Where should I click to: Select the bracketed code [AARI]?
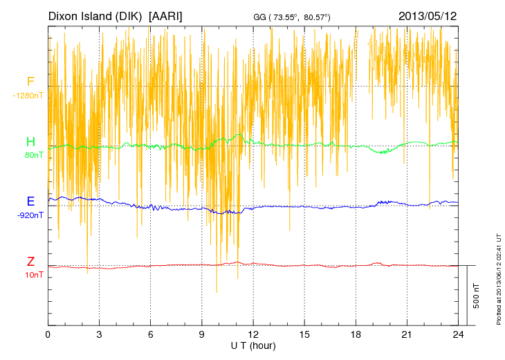[x=165, y=15]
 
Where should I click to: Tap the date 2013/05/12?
[x=428, y=15]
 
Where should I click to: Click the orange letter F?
[x=30, y=82]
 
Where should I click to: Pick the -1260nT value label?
[x=28, y=96]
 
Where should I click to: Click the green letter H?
[x=30, y=143]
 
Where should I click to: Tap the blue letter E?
[x=30, y=202]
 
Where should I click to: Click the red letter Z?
[x=30, y=262]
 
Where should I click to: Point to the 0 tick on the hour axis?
[x=48, y=334]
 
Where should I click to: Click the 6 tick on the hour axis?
[x=151, y=334]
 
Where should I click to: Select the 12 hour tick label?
[x=253, y=334]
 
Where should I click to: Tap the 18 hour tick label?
[x=356, y=334]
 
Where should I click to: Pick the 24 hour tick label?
[x=459, y=334]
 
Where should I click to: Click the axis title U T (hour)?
[x=253, y=345]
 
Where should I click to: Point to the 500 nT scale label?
[x=476, y=296]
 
